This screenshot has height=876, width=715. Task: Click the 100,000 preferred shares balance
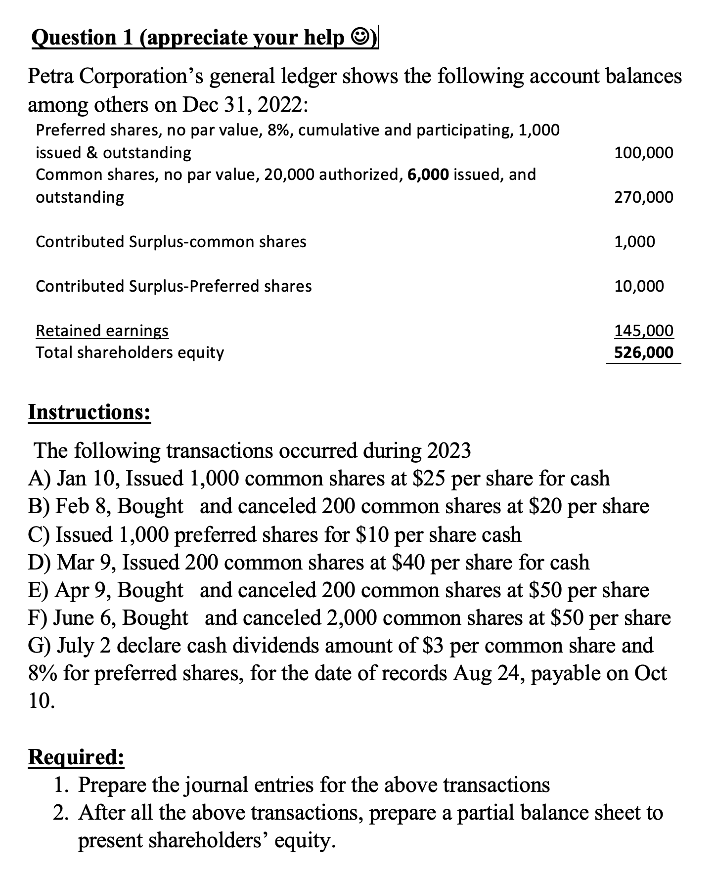pyautogui.click(x=643, y=153)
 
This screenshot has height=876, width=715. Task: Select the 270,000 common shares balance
pyautogui.click(x=643, y=197)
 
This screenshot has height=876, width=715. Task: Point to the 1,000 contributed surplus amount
pyautogui.click(x=634, y=242)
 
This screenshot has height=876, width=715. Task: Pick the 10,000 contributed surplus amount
pyautogui.click(x=639, y=286)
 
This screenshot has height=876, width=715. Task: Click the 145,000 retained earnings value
pyautogui.click(x=643, y=330)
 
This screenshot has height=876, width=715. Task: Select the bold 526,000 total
pyautogui.click(x=643, y=352)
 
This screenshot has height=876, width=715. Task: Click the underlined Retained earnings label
pyautogui.click(x=102, y=330)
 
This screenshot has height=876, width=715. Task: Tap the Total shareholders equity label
pyautogui.click(x=130, y=352)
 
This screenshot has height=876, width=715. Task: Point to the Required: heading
pyautogui.click(x=76, y=757)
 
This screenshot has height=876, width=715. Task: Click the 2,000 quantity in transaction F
pyautogui.click(x=352, y=618)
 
